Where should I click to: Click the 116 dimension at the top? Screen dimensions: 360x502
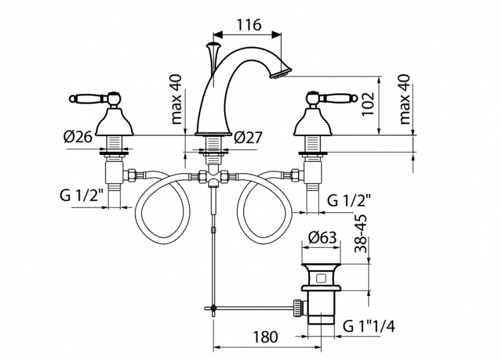point(249,26)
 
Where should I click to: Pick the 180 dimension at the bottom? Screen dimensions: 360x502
point(265,337)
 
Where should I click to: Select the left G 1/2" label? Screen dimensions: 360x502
point(82,194)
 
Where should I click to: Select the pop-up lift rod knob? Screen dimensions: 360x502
point(213,46)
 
